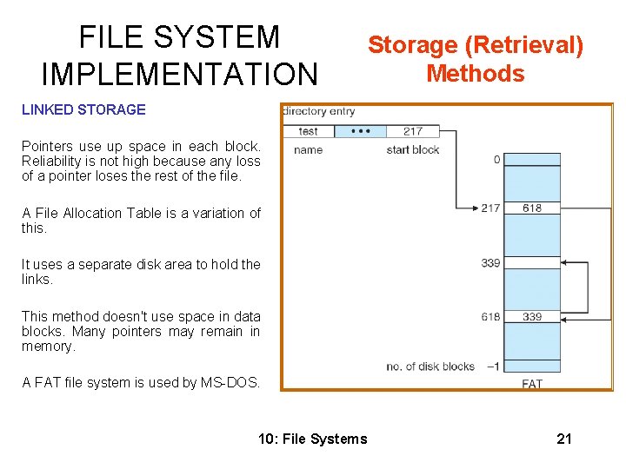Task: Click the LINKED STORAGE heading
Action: pyautogui.click(x=83, y=109)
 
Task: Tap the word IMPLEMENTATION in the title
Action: pyautogui.click(x=180, y=75)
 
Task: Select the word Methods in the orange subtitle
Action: pyautogui.click(x=476, y=73)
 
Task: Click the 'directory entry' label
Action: pyautogui.click(x=319, y=111)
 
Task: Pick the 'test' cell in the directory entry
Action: pyautogui.click(x=309, y=131)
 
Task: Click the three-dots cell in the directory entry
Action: pyautogui.click(x=360, y=131)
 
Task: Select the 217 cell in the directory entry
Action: pyautogui.click(x=413, y=131)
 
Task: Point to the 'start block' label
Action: pyautogui.click(x=413, y=150)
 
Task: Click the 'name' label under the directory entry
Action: pyautogui.click(x=309, y=150)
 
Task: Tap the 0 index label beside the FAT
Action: pyautogui.click(x=496, y=159)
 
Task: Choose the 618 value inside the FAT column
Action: pyautogui.click(x=532, y=208)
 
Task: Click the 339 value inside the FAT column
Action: pyautogui.click(x=532, y=317)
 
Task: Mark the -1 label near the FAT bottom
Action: pyautogui.click(x=493, y=366)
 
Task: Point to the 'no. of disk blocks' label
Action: pyautogui.click(x=430, y=366)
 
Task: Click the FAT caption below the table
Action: pyautogui.click(x=532, y=383)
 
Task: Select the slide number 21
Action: pyautogui.click(x=564, y=439)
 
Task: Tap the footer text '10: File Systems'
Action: pyautogui.click(x=313, y=439)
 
